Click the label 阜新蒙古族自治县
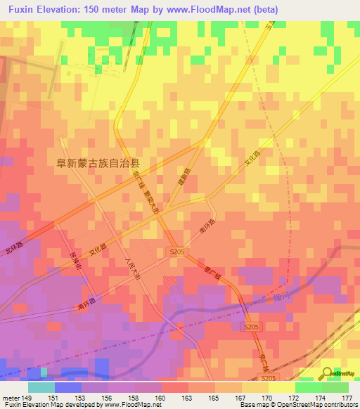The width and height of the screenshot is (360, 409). pos(98,162)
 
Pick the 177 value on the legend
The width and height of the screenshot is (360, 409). pos(347,398)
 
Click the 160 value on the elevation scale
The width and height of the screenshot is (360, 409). pos(160,398)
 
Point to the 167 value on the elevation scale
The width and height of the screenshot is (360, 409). pos(240,398)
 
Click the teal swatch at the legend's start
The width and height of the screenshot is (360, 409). pos(41,387)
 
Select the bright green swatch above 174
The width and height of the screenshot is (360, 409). pos(308,387)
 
